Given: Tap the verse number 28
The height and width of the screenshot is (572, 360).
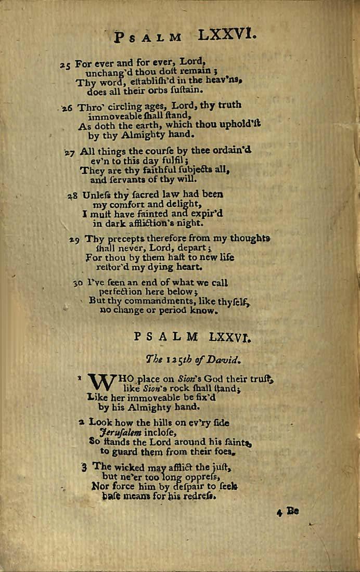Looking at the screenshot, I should [72, 196].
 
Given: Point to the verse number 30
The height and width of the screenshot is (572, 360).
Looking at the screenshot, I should [78, 283].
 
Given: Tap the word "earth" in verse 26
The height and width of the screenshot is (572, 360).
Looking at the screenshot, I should [136, 125].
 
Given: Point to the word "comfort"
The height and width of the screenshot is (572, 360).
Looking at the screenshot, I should [125, 204].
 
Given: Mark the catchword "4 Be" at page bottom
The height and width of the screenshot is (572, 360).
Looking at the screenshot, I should [288, 511].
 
